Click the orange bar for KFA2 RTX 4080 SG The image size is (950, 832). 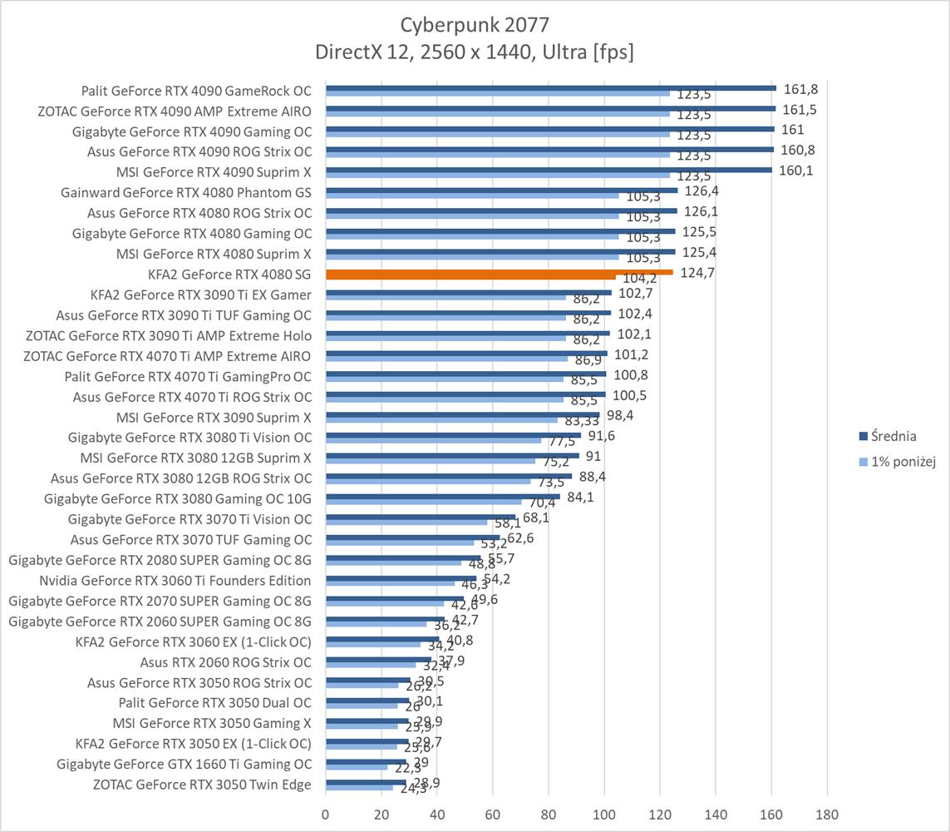(499, 272)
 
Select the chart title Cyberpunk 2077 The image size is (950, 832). (474, 23)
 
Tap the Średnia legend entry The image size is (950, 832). (893, 435)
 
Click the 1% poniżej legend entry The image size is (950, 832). (903, 463)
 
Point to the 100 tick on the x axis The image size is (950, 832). (604, 814)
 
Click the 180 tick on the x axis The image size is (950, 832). (827, 814)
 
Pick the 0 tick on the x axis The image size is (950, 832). (326, 814)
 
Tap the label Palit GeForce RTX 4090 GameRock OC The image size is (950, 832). (197, 91)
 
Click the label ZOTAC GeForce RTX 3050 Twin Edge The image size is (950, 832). (203, 785)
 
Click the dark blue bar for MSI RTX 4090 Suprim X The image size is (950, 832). (549, 170)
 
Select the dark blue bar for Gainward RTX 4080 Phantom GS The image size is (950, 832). (501, 190)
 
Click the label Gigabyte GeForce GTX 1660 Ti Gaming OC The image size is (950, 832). (185, 764)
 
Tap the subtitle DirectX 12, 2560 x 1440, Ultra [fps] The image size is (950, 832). (474, 52)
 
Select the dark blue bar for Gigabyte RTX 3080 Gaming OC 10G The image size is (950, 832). (442, 496)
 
